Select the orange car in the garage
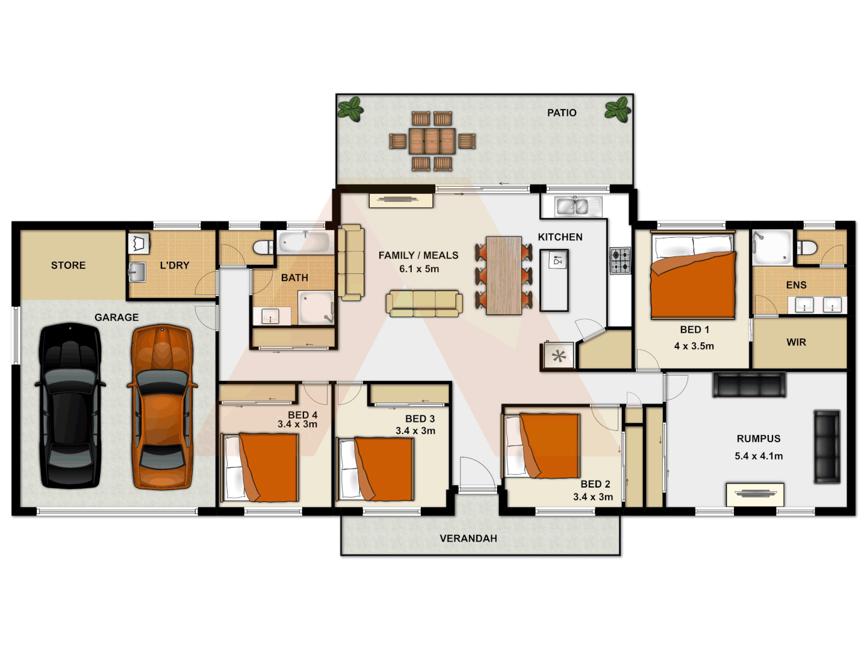(x=161, y=407)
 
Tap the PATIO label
(x=561, y=113)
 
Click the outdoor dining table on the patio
(x=432, y=141)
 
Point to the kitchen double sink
(x=571, y=206)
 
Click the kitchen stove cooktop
(x=620, y=261)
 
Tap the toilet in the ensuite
(x=807, y=247)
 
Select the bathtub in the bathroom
(x=304, y=243)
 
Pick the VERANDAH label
(x=468, y=538)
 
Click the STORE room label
(x=68, y=265)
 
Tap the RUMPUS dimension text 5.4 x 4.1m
(x=758, y=456)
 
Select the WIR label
(x=795, y=342)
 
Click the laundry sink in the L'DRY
(x=137, y=272)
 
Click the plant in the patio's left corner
(x=350, y=110)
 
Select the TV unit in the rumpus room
(x=755, y=494)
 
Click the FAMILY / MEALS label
(x=418, y=255)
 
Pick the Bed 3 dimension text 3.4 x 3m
(x=415, y=430)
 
